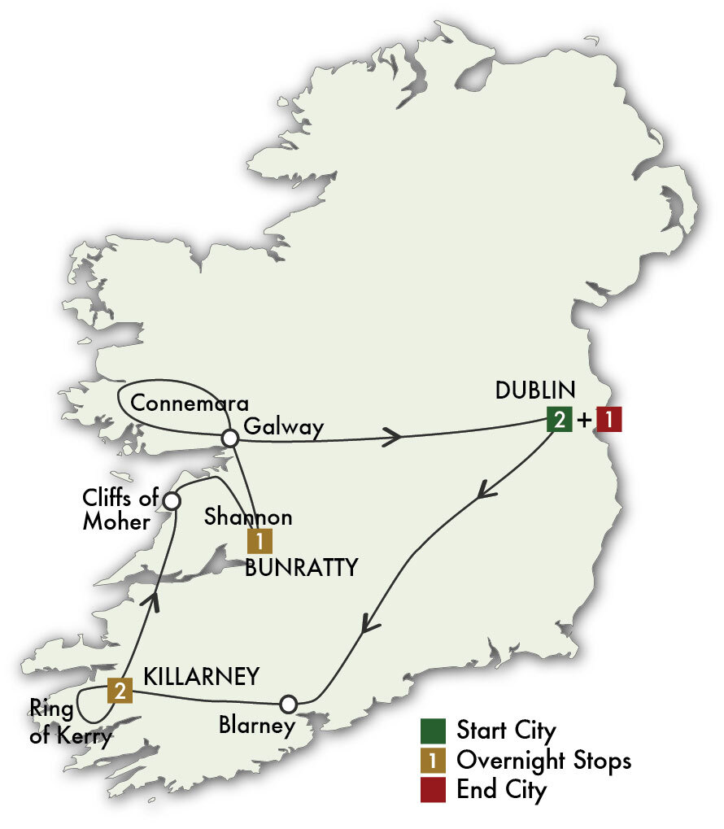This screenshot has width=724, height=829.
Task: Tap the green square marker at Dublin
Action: (x=560, y=420)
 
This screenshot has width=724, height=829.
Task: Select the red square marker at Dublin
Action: (x=609, y=420)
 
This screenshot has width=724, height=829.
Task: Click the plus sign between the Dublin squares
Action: (x=585, y=421)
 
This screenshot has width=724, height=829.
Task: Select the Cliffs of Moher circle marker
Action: (x=172, y=500)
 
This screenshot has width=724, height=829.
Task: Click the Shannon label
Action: (x=248, y=517)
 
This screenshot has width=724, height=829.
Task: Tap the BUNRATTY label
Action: (x=302, y=567)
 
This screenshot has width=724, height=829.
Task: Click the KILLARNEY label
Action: (x=202, y=676)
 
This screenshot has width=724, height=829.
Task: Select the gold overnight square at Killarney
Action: (x=120, y=691)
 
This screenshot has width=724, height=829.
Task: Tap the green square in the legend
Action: (x=432, y=729)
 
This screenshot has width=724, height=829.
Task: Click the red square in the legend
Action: (x=432, y=788)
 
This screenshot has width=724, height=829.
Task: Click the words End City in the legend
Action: (x=501, y=789)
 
